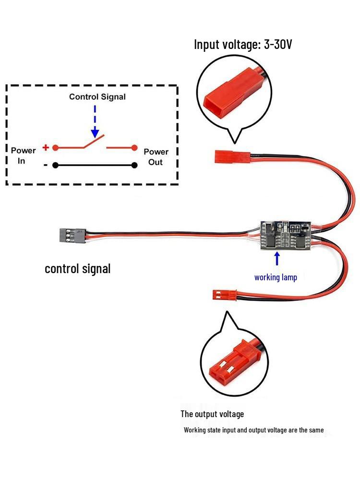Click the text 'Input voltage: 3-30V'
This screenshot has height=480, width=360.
click(x=243, y=45)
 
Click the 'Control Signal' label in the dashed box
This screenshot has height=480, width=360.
click(x=97, y=97)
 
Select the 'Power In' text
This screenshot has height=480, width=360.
click(x=23, y=156)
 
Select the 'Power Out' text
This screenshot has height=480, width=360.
click(x=156, y=157)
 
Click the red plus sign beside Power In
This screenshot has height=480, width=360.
click(x=46, y=147)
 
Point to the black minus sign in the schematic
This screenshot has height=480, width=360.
click(x=45, y=165)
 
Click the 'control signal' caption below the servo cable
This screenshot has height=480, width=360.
click(x=77, y=268)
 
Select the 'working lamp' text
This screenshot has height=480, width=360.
click(x=276, y=277)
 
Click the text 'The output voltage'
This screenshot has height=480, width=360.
click(x=212, y=414)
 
